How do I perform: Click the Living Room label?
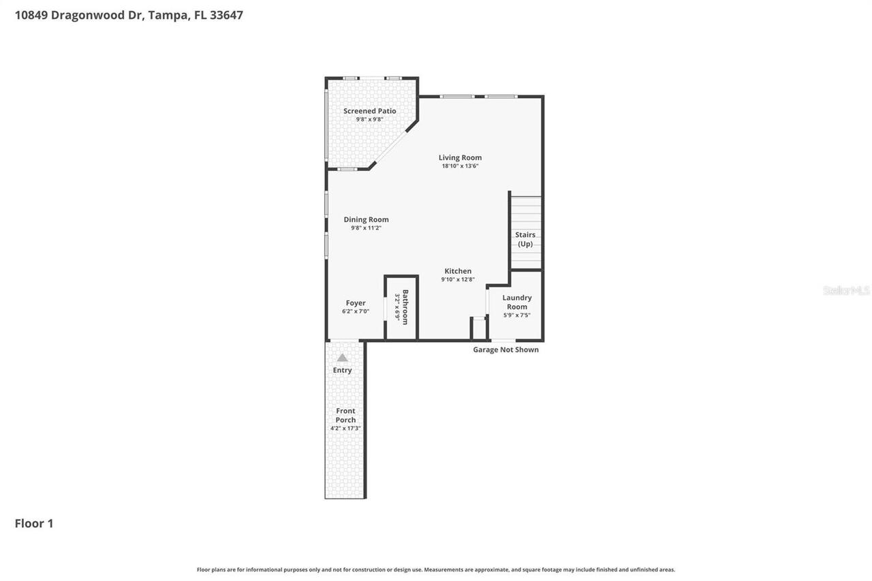pyautogui.click(x=460, y=157)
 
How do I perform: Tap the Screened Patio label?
pyautogui.click(x=369, y=111)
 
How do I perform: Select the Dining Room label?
pyautogui.click(x=366, y=219)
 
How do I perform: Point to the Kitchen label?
pyautogui.click(x=458, y=271)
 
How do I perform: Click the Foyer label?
pyautogui.click(x=356, y=303)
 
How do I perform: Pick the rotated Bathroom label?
pyautogui.click(x=405, y=307)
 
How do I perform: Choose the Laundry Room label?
pyautogui.click(x=517, y=302)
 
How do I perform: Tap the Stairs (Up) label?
pyautogui.click(x=525, y=239)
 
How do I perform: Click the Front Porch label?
pyautogui.click(x=345, y=415)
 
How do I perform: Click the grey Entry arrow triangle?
pyautogui.click(x=343, y=358)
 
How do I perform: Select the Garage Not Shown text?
pyautogui.click(x=505, y=349)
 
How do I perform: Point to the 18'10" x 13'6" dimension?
pyautogui.click(x=460, y=166)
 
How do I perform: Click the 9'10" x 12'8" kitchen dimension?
pyautogui.click(x=458, y=279)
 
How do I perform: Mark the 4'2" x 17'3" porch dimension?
pyautogui.click(x=345, y=428)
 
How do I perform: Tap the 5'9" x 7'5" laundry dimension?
pyautogui.click(x=516, y=315)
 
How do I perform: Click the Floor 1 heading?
pyautogui.click(x=34, y=523)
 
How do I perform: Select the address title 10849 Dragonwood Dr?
pyautogui.click(x=129, y=15)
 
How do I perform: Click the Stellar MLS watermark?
pyautogui.click(x=846, y=290)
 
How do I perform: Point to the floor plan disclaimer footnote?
pyautogui.click(x=436, y=569)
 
